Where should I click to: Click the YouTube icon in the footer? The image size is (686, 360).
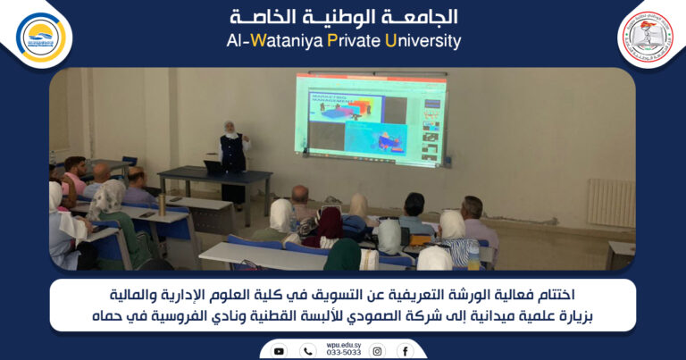279,351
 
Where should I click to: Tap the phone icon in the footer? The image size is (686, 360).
307,351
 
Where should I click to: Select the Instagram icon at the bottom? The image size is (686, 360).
377,351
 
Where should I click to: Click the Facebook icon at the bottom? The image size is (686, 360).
405,351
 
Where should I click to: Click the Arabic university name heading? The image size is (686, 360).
343,17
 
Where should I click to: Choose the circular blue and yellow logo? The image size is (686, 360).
41,37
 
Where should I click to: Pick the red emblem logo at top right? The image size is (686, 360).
646,37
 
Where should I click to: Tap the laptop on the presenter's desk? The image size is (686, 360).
214,167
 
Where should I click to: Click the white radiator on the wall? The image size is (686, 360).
611,202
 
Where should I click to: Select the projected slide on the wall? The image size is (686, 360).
371,120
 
